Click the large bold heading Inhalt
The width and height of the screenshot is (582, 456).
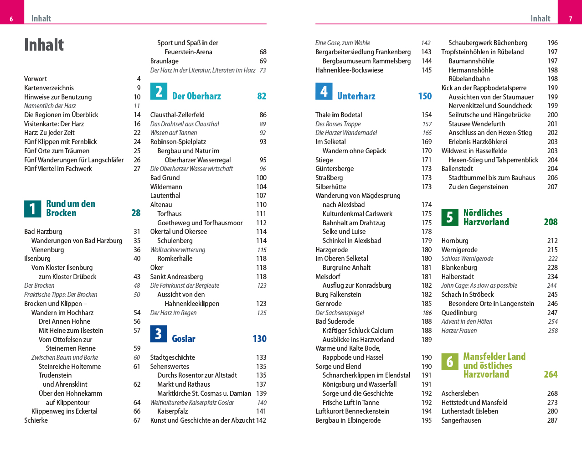click(x=44, y=45)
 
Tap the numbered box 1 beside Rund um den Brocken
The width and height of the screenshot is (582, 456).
click(x=32, y=209)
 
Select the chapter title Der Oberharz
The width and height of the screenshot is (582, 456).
click(x=196, y=96)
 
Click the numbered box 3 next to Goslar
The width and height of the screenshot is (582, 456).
click(x=159, y=334)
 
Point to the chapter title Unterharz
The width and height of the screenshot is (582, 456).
click(x=356, y=96)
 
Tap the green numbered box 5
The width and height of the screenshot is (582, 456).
click(x=449, y=218)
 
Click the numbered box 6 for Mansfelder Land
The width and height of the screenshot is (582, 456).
click(x=449, y=362)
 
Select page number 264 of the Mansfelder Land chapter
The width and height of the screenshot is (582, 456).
click(x=551, y=374)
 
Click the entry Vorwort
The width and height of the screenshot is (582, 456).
click(x=36, y=79)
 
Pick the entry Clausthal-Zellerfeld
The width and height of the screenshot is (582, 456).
click(x=177, y=115)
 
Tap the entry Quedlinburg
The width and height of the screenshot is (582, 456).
click(x=459, y=313)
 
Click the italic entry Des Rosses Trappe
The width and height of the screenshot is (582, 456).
click(x=338, y=124)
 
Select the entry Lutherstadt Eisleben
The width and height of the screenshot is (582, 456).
click(x=469, y=411)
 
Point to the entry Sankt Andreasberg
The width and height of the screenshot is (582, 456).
click(x=176, y=277)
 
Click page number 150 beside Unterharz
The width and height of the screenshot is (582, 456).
click(x=425, y=96)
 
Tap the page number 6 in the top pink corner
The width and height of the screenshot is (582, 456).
click(x=11, y=19)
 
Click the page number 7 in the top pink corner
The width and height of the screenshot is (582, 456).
click(x=570, y=19)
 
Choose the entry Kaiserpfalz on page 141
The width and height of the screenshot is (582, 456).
click(x=172, y=411)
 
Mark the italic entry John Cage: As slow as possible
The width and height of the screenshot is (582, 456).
click(x=479, y=285)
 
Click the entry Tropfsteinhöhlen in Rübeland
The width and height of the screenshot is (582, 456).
click(x=482, y=52)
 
